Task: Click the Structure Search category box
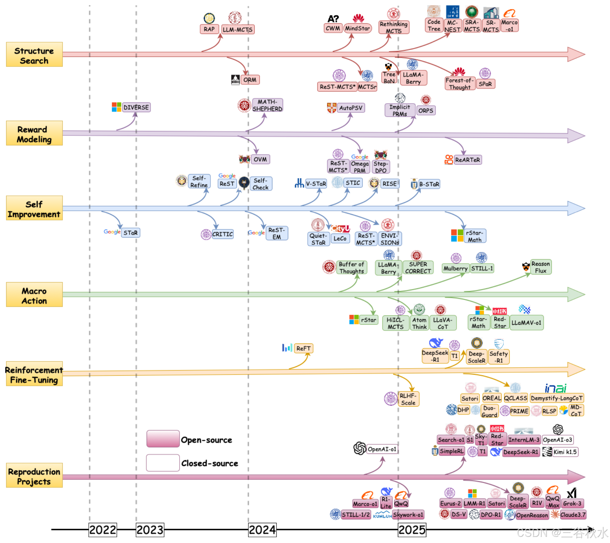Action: pos(34,55)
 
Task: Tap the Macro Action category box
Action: pos(34,294)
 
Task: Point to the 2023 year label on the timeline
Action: pos(150,530)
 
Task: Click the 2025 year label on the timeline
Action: pos(412,530)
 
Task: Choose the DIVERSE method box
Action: pos(136,107)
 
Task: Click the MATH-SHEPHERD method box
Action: pos(267,105)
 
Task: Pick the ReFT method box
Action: pos(303,348)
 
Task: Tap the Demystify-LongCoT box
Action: pos(557,398)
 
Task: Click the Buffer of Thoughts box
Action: pos(351,268)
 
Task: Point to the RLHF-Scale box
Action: pos(408,399)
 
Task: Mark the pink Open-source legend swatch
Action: pos(163,439)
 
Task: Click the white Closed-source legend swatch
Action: pos(163,463)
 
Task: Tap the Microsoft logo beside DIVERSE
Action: pos(117,107)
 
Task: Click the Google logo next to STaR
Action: pos(112,232)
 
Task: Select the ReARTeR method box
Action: pos(467,160)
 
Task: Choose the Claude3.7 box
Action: pos(573,515)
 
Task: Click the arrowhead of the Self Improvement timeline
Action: pos(576,208)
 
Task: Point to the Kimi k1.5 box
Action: pos(565,452)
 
